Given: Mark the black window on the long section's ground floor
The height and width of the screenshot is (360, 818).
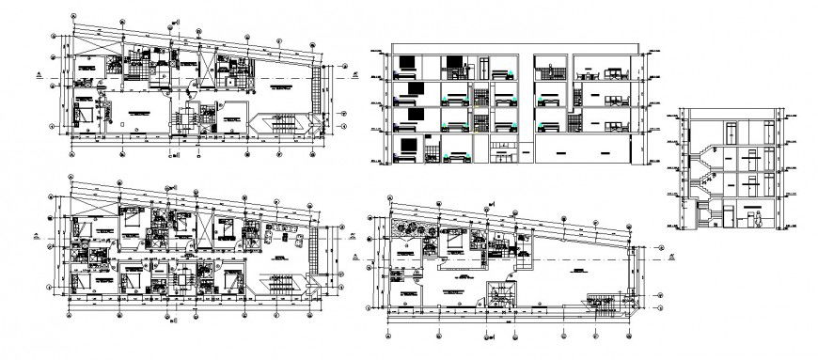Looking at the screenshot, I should [x=409, y=147].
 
